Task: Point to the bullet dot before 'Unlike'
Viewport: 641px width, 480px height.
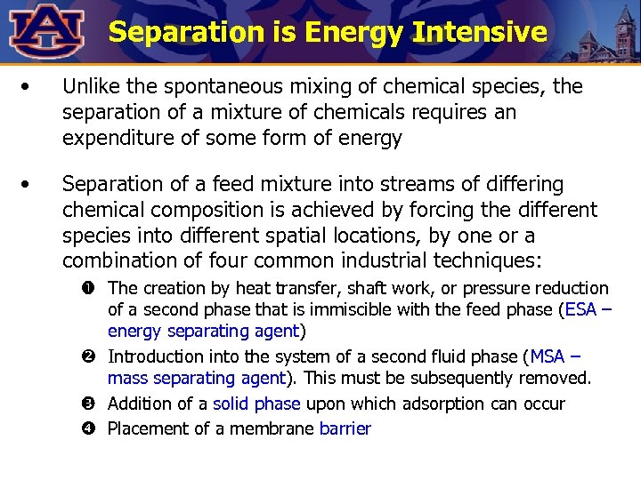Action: pyautogui.click(x=30, y=87)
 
